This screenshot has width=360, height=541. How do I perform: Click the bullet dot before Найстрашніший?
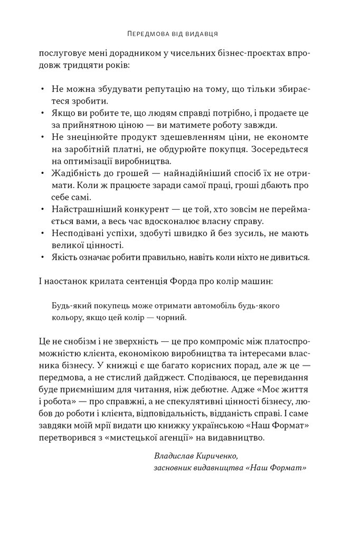coord(42,209)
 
